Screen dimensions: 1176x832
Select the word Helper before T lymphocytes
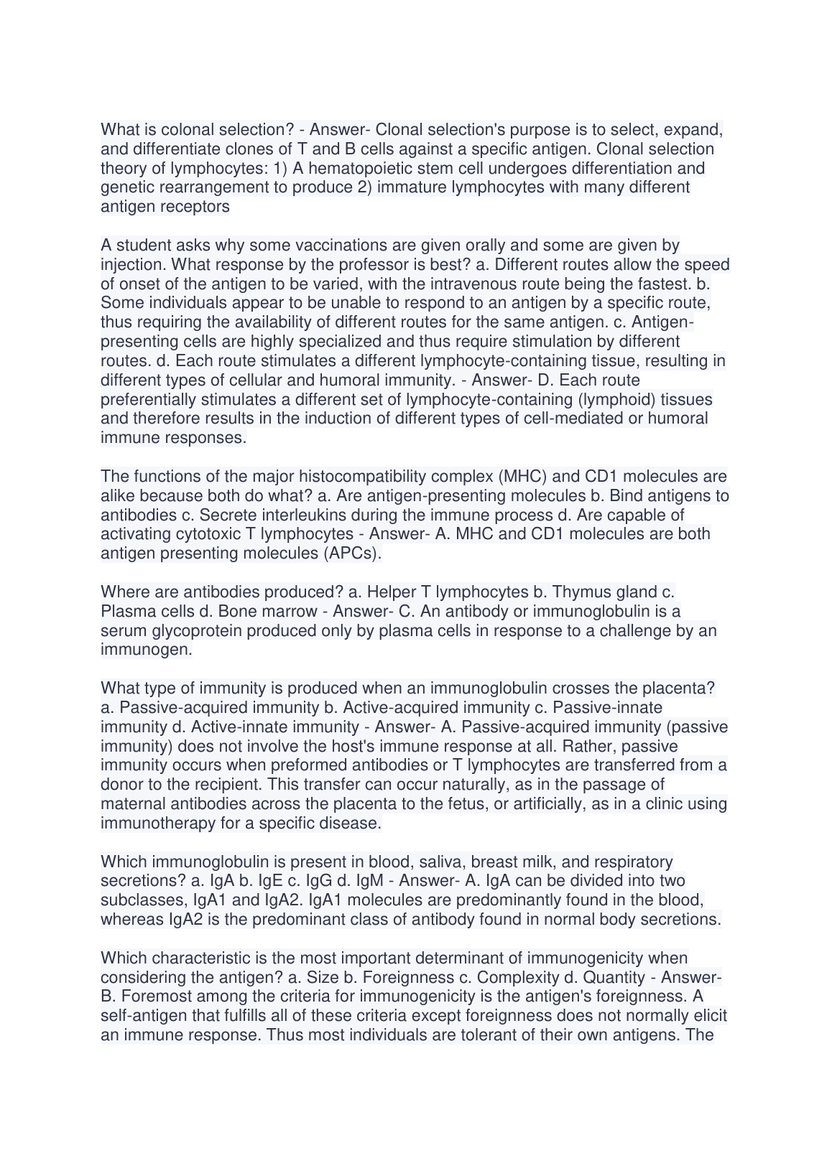coord(390,592)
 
